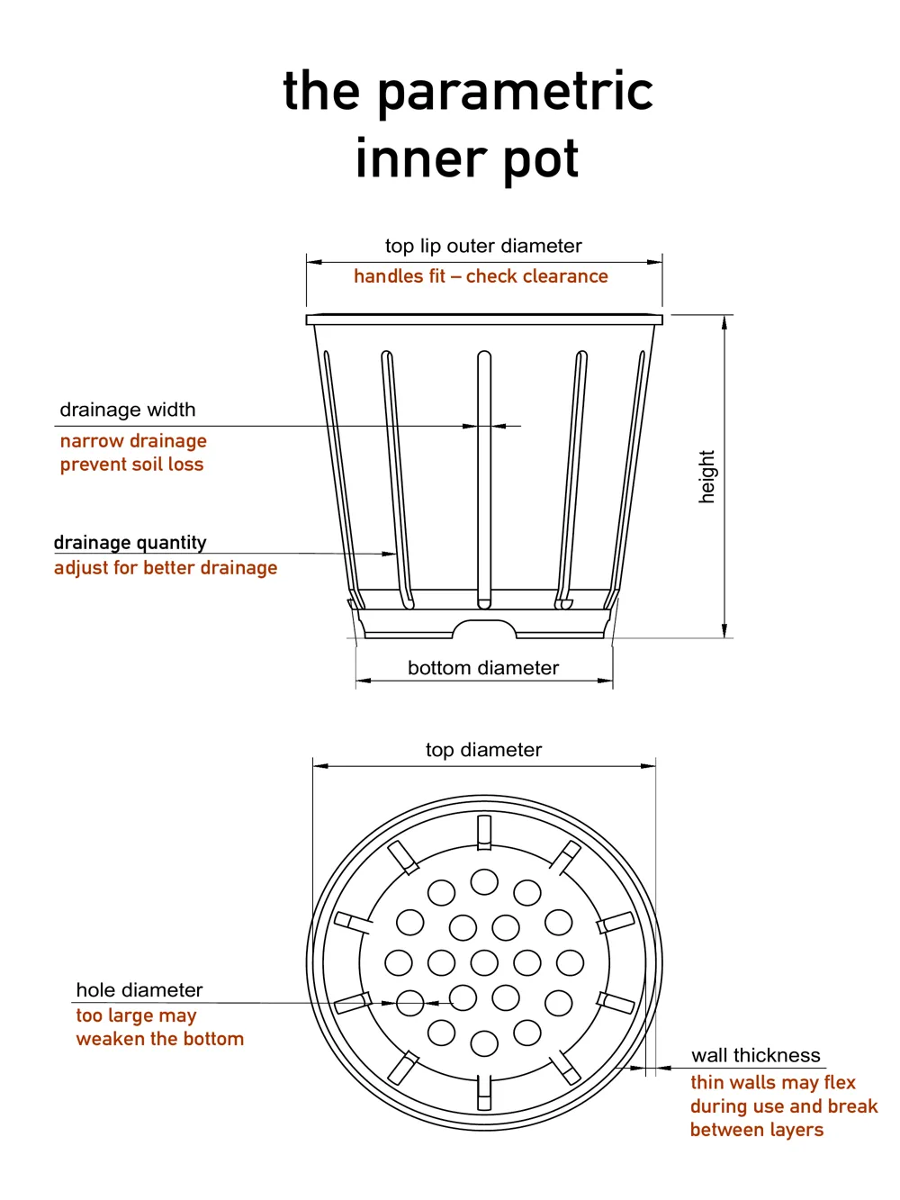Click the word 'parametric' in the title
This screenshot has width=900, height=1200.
coord(515,94)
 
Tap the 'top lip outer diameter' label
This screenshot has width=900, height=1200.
coord(483,246)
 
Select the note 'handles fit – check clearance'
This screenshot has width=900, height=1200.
coord(481,276)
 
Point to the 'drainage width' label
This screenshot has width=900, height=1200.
coord(128,410)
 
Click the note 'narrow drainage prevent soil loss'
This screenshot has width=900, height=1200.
coord(133,453)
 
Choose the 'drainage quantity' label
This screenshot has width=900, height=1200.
coord(130,542)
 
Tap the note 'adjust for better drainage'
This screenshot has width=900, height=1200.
coord(166,568)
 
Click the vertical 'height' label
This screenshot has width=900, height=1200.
coord(706,476)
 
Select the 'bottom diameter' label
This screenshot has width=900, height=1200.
coord(483,668)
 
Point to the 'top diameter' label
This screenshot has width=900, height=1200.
coord(483,750)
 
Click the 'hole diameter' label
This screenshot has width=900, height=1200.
coord(139,990)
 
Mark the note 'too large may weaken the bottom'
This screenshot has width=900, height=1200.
coord(159,1027)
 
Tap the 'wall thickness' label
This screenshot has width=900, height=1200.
coord(756,1055)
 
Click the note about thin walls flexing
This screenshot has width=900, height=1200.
coord(783,1105)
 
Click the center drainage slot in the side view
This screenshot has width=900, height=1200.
coord(484,477)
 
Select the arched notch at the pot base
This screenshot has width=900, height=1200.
coord(484,627)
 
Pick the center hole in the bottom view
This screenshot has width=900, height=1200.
coord(484,962)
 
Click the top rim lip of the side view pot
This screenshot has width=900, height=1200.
coord(484,320)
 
